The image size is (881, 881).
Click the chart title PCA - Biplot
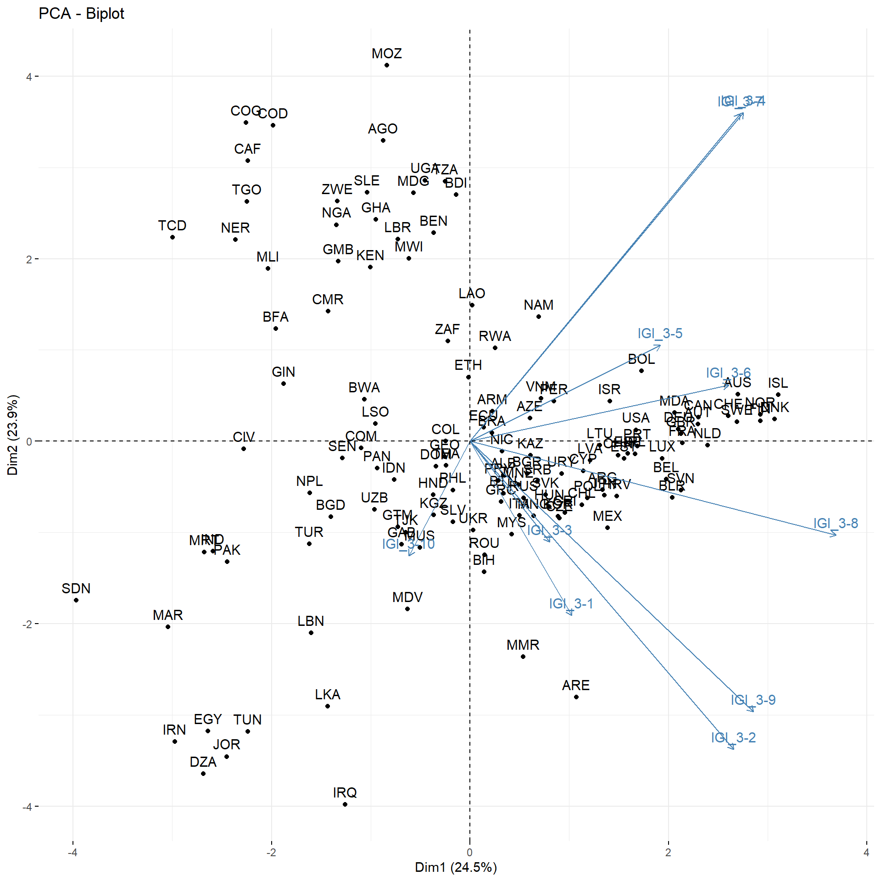[81, 14]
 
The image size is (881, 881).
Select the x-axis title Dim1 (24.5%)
[456, 867]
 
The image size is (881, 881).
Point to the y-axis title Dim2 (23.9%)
[12, 435]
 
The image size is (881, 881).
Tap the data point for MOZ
[387, 65]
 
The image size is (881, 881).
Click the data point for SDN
[76, 600]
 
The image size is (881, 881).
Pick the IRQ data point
[345, 804]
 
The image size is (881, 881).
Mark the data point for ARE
[576, 697]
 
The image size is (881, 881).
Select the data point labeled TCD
[173, 237]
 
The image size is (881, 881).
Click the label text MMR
[523, 645]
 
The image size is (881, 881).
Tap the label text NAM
[539, 305]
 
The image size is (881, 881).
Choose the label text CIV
[244, 437]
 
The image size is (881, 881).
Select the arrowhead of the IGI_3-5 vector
[660, 346]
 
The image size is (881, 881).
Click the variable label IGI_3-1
[571, 603]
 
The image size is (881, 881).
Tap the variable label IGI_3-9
[753, 700]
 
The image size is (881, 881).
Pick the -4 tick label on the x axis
[72, 853]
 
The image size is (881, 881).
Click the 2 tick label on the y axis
[29, 259]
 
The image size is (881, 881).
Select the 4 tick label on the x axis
[866, 853]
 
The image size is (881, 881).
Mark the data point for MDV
[407, 609]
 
